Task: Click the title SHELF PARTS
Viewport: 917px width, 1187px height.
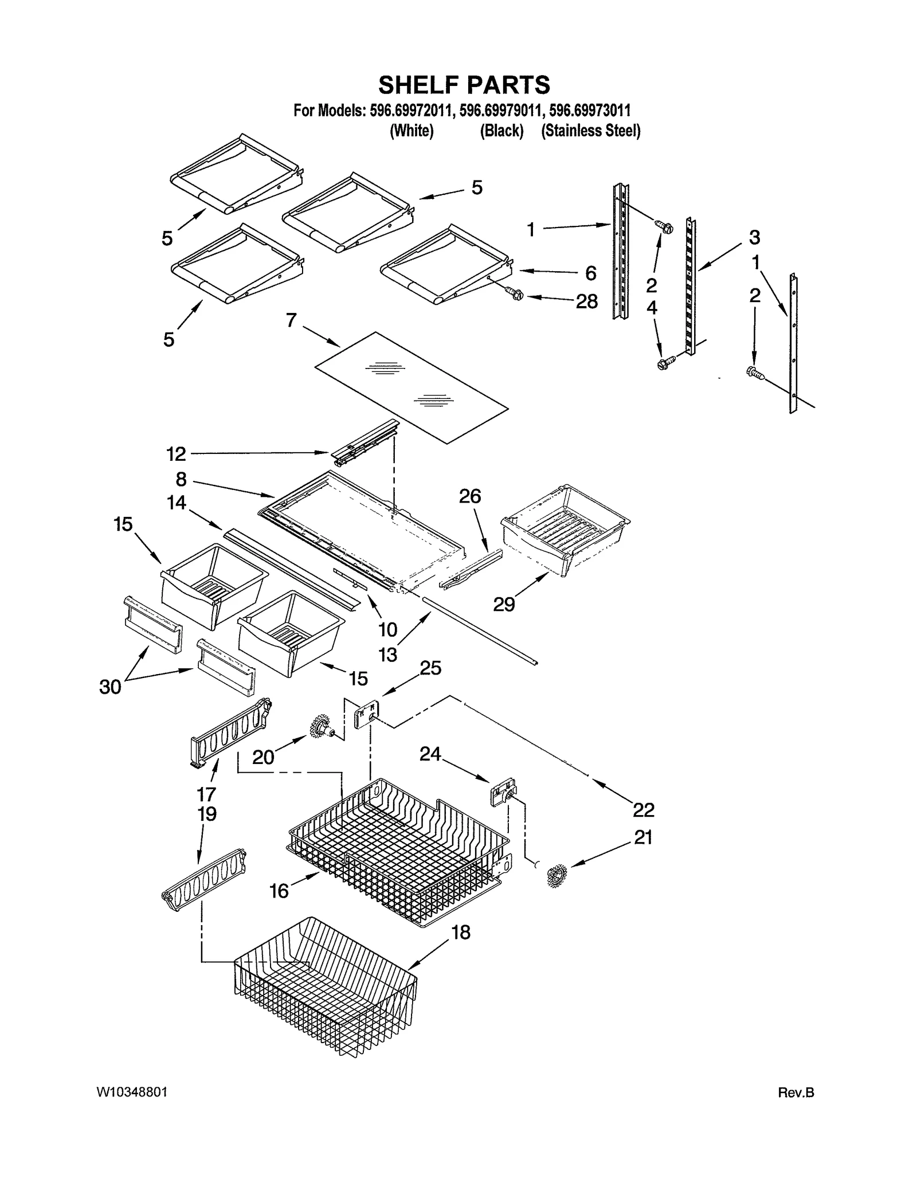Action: click(464, 85)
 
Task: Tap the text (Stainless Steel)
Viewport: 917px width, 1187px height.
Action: click(590, 131)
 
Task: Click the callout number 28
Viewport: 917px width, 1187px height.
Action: click(586, 301)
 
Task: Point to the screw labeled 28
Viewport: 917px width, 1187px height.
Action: click(515, 294)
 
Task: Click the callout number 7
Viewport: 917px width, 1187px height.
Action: click(291, 320)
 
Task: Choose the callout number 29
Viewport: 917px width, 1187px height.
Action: click(504, 604)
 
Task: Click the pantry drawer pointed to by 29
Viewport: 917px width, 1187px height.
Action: click(565, 527)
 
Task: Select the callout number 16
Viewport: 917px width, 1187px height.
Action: click(279, 891)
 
